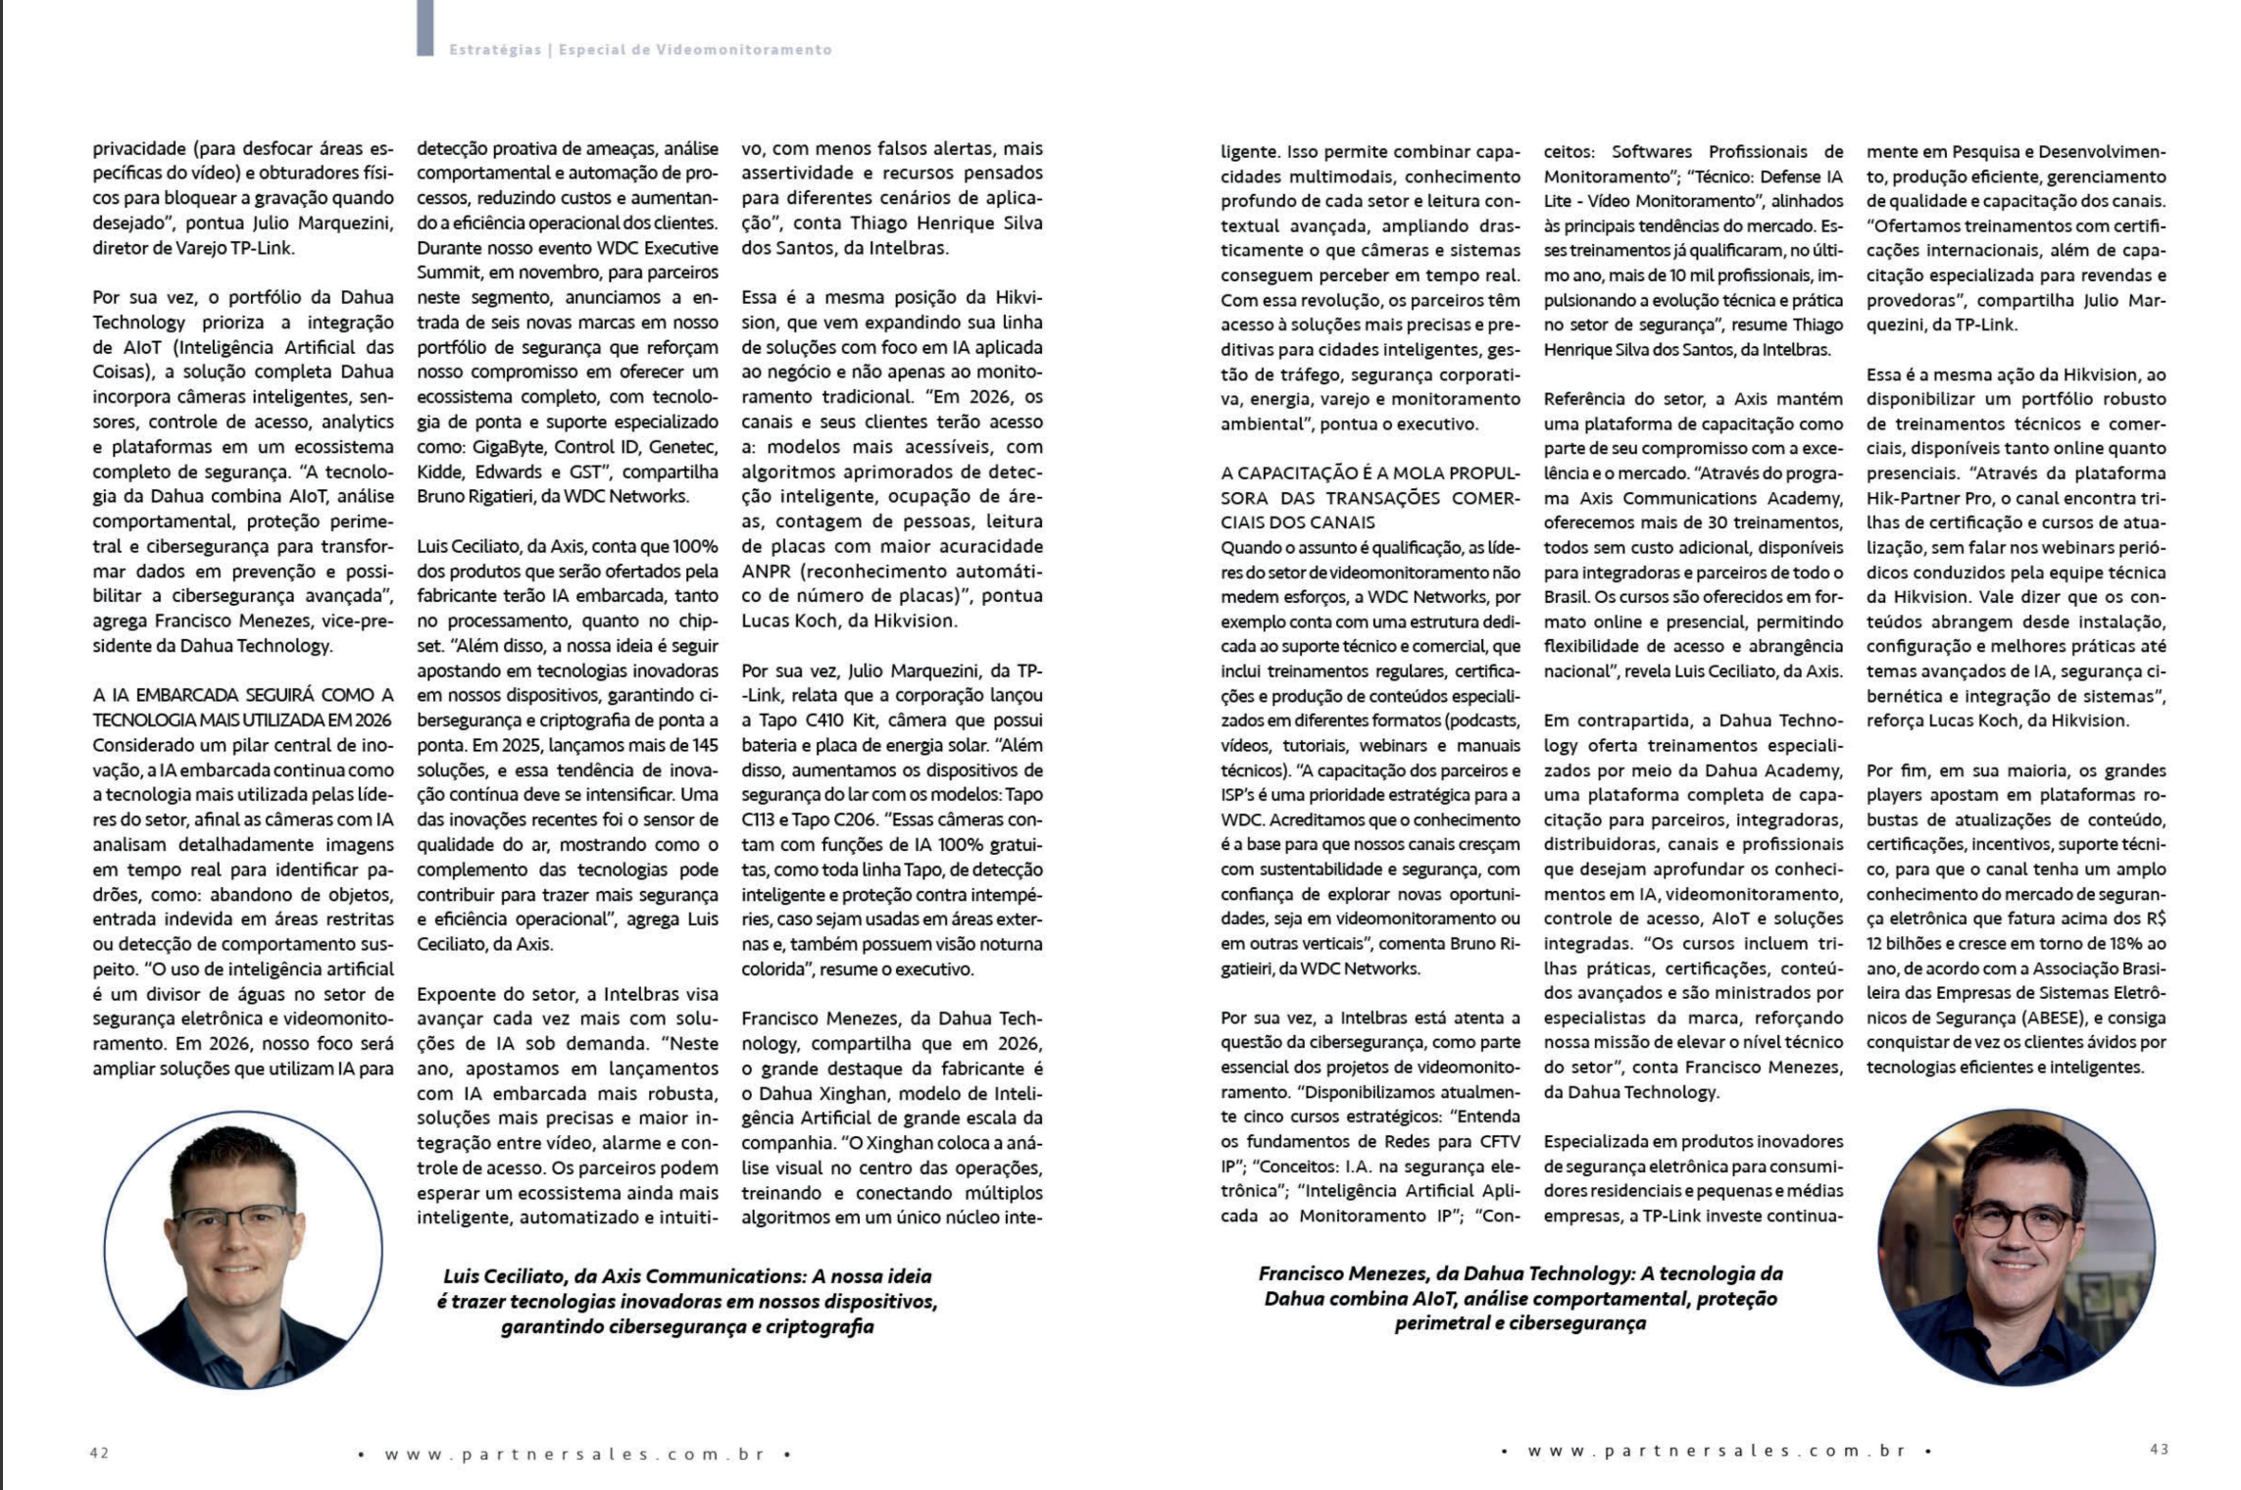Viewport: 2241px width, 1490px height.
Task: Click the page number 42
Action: click(99, 1453)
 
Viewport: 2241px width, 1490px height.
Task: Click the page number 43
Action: click(2159, 1449)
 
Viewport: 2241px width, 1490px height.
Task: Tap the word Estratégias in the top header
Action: click(495, 50)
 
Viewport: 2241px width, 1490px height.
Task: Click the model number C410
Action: click(828, 720)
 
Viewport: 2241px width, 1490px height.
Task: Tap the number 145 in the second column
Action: click(704, 745)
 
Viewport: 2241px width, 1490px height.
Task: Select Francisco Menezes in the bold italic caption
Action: click(1343, 1273)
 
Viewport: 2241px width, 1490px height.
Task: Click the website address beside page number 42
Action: click(574, 1454)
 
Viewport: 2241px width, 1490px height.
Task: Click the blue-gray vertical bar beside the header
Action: click(424, 27)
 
